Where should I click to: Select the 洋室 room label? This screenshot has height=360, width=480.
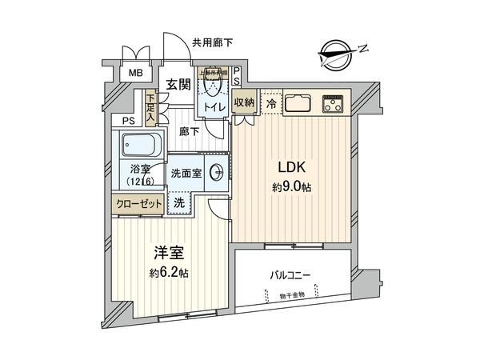170,254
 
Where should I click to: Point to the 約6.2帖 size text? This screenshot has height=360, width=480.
170,272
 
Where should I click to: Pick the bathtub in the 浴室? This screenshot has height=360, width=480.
141,147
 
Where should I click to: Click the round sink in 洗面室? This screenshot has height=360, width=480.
217,174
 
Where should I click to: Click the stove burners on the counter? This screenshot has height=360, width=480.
331,103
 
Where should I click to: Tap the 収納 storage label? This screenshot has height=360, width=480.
243,102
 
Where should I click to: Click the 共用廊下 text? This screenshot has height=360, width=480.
213,42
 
